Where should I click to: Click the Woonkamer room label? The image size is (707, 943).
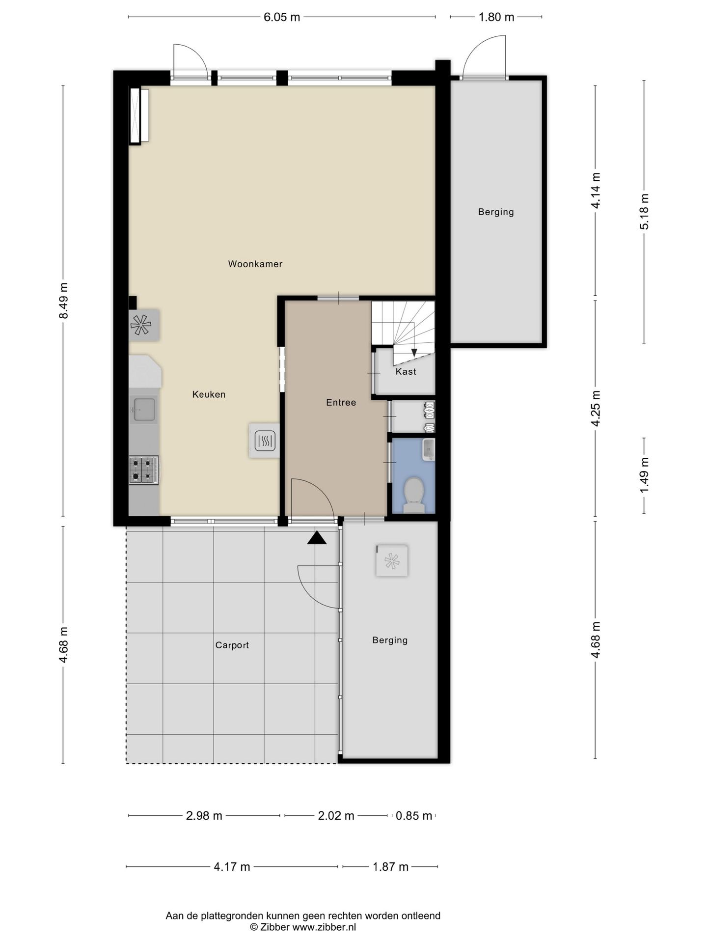click(255, 264)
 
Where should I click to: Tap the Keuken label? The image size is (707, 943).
click(209, 394)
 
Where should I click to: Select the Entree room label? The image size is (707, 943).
click(341, 403)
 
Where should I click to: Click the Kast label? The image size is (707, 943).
click(406, 372)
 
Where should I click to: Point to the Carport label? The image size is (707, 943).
click(232, 645)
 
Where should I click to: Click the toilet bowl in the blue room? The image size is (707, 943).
click(413, 492)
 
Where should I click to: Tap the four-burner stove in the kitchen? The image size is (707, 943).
click(143, 470)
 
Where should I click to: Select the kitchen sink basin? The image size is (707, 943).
click(144, 409)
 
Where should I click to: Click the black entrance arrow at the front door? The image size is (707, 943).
click(317, 538)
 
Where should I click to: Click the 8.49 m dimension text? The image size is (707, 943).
click(63, 301)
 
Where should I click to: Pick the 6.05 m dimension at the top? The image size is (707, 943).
click(281, 17)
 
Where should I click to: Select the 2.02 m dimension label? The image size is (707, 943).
click(336, 816)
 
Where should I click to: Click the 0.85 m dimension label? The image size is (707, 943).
click(413, 816)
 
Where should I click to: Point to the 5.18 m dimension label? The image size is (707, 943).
click(644, 211)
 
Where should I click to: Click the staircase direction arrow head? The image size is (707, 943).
click(414, 352)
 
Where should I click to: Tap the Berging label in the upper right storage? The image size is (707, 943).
click(496, 212)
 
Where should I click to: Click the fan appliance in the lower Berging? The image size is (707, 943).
click(392, 561)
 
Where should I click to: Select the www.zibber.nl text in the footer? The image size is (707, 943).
click(324, 927)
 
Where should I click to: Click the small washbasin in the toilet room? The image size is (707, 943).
click(428, 449)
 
